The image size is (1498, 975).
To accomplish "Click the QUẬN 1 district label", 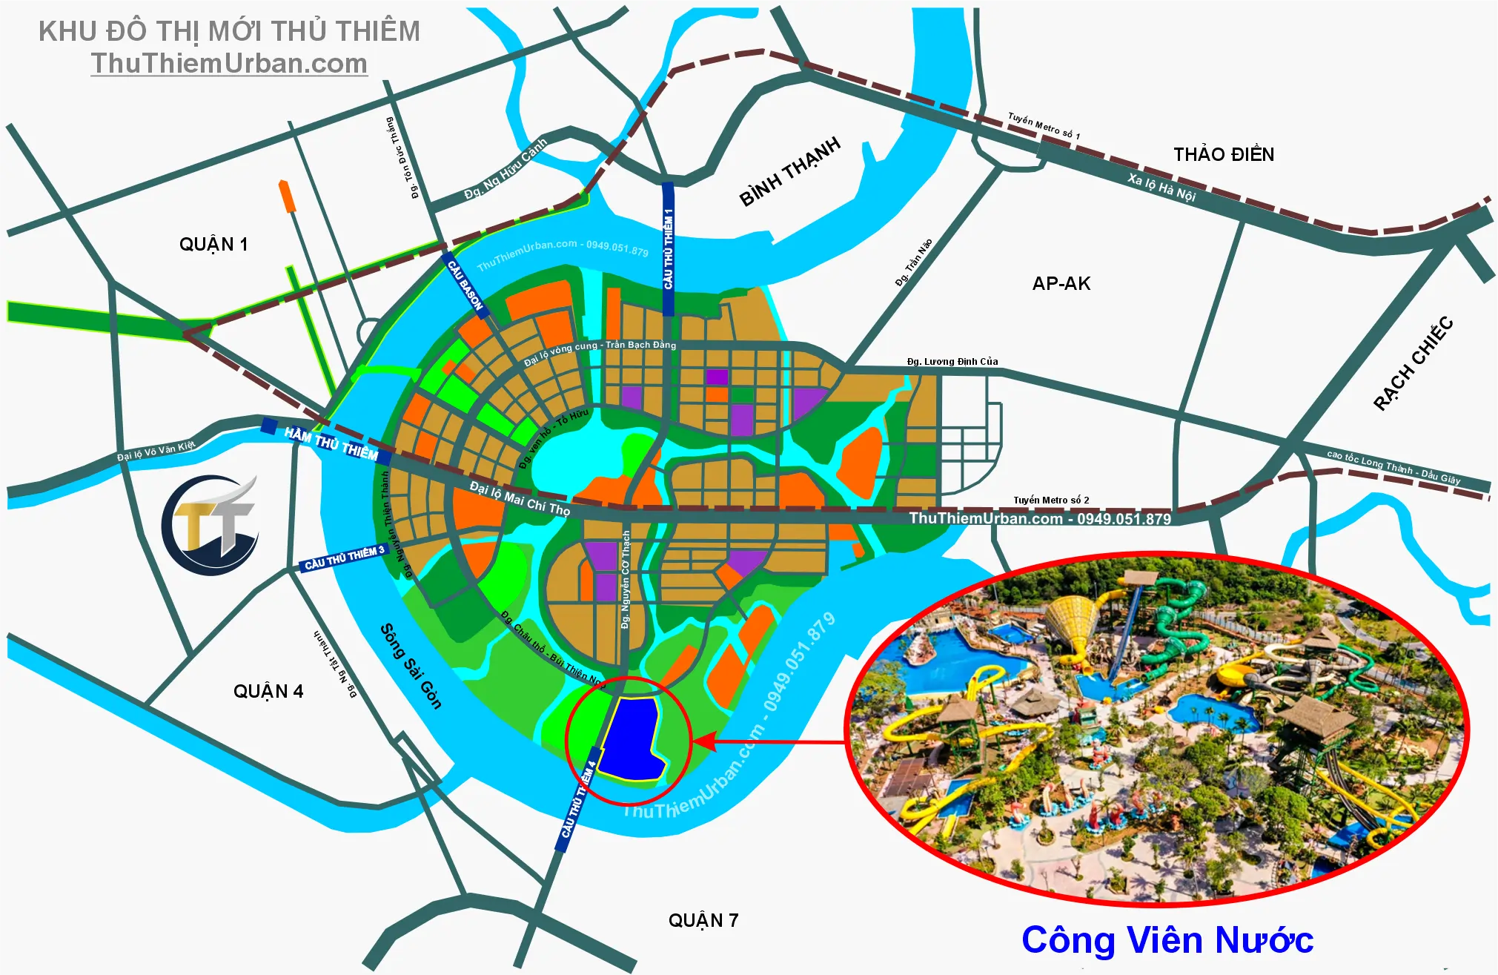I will point(213,245).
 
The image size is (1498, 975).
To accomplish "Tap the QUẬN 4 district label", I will point(268,692).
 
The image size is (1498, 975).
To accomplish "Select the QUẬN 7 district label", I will point(703,921).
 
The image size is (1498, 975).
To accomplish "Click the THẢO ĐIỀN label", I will point(1224,154).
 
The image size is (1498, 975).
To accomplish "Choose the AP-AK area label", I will point(1061,283).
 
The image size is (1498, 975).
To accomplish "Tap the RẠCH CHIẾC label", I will point(1413,363).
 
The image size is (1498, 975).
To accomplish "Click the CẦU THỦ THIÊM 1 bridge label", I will point(668,248).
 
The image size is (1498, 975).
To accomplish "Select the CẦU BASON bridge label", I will point(465,285).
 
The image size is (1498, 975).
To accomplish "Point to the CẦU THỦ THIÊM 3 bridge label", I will point(345,558).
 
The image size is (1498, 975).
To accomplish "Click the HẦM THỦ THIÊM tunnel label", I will point(331,443).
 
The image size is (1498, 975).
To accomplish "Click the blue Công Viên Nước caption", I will point(1167,940).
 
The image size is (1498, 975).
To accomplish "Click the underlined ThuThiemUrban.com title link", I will point(229,64).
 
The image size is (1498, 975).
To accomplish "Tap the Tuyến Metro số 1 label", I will point(1044,126).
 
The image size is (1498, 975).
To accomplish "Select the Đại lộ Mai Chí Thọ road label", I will point(520,498).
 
